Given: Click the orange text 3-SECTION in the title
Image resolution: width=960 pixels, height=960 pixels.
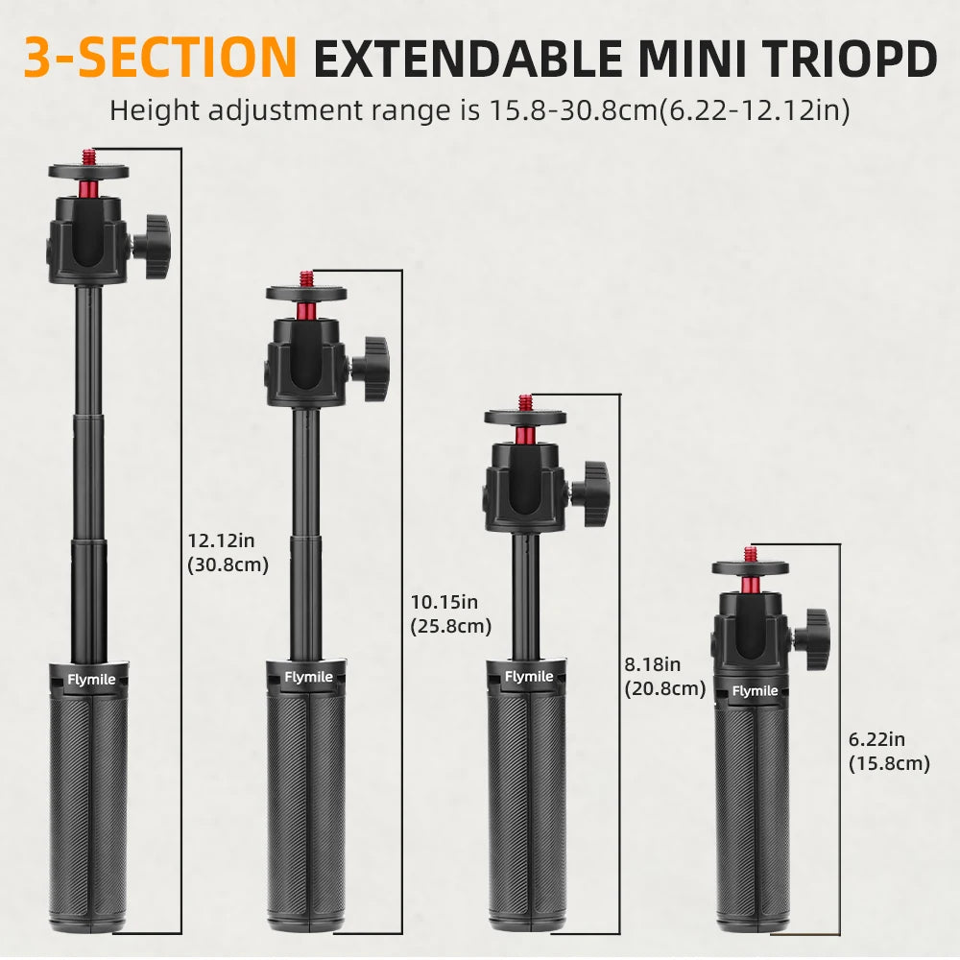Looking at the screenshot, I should pos(159,58).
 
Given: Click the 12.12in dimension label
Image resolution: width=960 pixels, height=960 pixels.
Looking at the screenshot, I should pos(220,541).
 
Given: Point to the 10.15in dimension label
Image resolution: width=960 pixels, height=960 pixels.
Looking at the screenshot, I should pos(444,603).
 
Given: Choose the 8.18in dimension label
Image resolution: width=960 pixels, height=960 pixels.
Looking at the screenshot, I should pos(653,664).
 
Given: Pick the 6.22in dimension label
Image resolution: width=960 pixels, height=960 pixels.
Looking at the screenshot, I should pos(876,739).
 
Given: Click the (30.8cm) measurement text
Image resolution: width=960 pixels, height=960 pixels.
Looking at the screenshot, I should pos(228,565).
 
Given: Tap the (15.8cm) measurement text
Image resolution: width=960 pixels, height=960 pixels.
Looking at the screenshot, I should pos(889,763).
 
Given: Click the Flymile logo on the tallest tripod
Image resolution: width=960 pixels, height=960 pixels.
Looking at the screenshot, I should pos(91,681).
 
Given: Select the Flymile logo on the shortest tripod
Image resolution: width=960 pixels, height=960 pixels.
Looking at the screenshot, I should pos(755,691).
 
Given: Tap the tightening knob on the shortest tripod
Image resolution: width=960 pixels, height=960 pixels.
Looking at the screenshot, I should pos(815,632).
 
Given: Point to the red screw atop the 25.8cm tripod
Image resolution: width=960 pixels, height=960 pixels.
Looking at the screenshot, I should pos(306,277).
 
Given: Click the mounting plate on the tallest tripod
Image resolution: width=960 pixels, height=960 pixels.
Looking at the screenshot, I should pos(88,171).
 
